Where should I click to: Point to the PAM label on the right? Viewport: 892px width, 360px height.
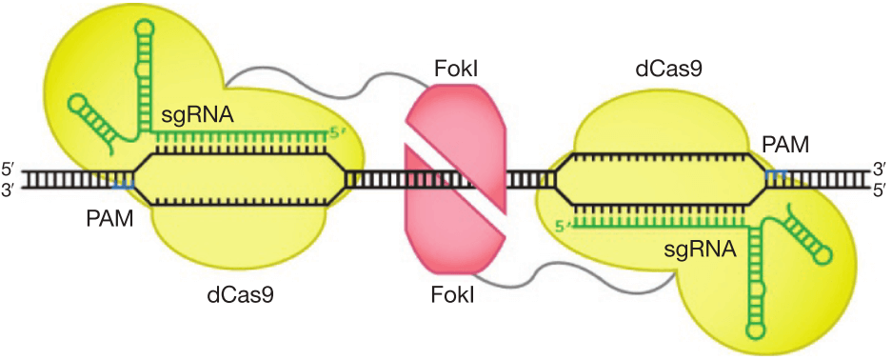(x=786, y=146)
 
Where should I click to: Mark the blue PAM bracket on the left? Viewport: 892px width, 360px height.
(x=124, y=185)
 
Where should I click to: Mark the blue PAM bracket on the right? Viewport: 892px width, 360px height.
(x=775, y=172)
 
